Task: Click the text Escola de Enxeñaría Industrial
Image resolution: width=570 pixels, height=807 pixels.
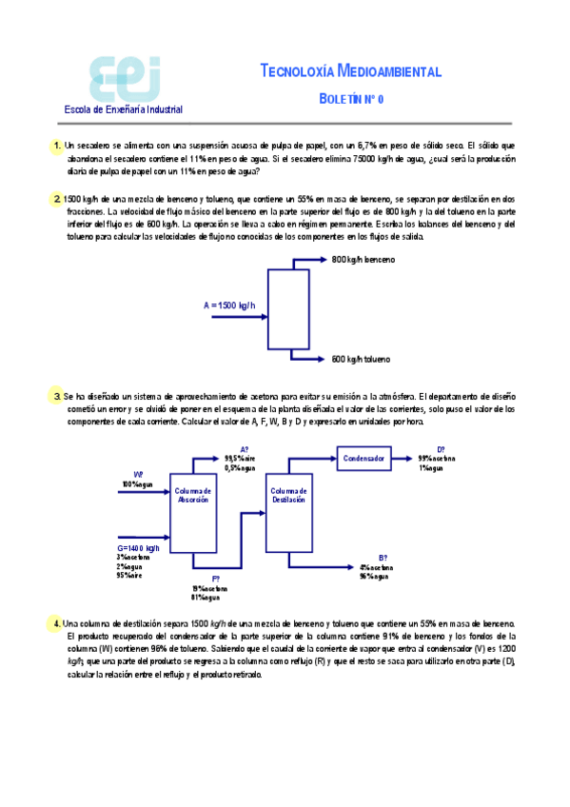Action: (x=123, y=109)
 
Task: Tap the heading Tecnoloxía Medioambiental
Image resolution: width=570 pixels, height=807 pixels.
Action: (x=350, y=71)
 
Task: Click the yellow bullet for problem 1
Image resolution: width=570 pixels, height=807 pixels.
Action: (x=57, y=146)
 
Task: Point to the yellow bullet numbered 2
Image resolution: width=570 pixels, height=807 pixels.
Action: (x=57, y=199)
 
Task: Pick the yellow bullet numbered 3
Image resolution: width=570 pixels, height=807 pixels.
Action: (x=57, y=392)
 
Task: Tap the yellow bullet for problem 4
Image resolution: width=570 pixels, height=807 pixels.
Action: (x=57, y=623)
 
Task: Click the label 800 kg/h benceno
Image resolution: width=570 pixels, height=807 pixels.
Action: (x=363, y=260)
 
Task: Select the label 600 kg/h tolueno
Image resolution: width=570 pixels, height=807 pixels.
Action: (x=362, y=359)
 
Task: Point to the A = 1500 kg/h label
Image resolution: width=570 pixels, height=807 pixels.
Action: (x=229, y=305)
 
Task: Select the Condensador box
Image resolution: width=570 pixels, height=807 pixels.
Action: (x=364, y=459)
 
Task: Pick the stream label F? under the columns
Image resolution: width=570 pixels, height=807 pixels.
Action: (x=216, y=579)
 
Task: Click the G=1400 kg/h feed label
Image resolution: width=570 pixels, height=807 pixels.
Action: (x=139, y=549)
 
